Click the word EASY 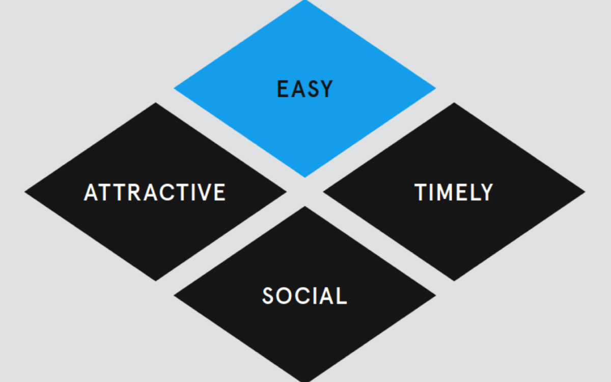[x=304, y=89]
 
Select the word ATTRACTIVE [x=155, y=192]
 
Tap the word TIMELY [x=454, y=192]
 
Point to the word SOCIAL [x=304, y=296]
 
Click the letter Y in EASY [x=326, y=89]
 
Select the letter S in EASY [x=311, y=89]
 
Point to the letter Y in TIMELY [x=486, y=192]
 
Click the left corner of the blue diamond [x=174, y=88]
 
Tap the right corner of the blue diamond [x=436, y=88]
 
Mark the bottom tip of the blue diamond [x=305, y=177]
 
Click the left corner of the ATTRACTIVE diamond [x=24, y=192]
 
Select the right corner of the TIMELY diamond [x=586, y=192]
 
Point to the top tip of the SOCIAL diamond [x=305, y=207]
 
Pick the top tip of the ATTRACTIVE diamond [x=156, y=102]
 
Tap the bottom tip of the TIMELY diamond [x=454, y=281]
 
